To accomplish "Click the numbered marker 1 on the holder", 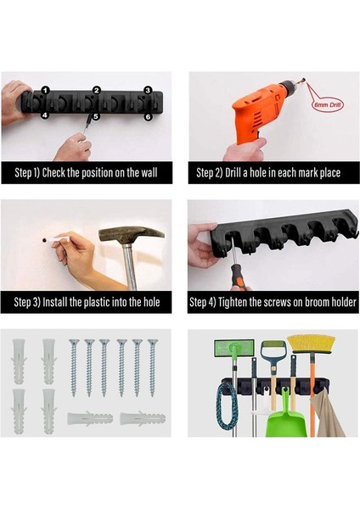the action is (x=46, y=90).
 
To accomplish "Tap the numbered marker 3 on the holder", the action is (x=148, y=90).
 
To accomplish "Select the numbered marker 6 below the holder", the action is (x=148, y=116).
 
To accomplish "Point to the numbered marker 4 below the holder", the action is (x=45, y=115).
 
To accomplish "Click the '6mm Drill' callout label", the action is (x=328, y=105).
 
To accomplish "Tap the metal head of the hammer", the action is (x=131, y=235).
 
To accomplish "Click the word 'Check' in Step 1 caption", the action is (x=54, y=172).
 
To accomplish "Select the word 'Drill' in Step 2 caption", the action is (x=233, y=173).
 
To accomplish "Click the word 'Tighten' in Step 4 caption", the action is (x=233, y=302).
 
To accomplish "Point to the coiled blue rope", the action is (x=227, y=405).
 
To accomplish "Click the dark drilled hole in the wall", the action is (x=44, y=241).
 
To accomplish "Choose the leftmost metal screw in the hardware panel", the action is (x=74, y=368).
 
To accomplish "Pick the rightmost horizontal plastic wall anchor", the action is (x=143, y=418).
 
